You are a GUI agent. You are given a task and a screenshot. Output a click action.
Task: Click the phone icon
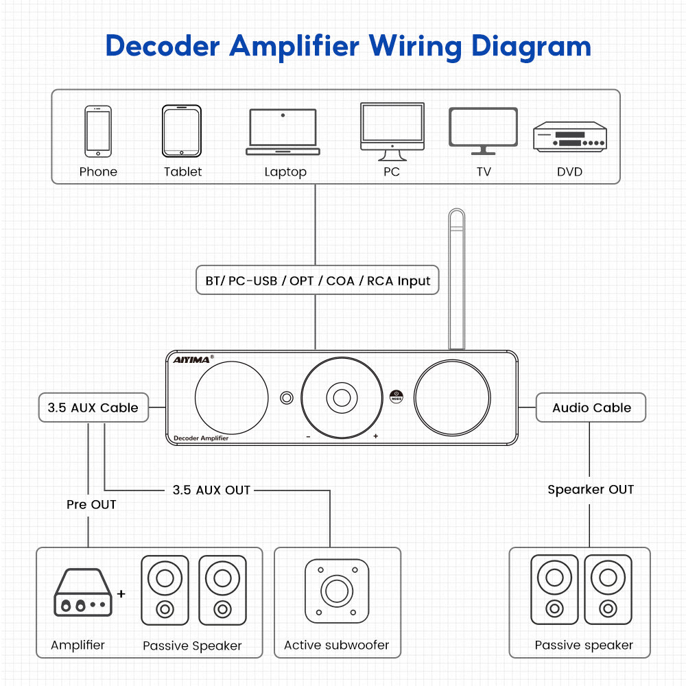[x=98, y=131]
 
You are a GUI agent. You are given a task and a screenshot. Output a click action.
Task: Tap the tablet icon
[x=182, y=130]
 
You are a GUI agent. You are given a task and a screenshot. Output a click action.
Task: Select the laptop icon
[x=283, y=132]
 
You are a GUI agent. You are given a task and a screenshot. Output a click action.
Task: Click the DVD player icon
[x=570, y=135]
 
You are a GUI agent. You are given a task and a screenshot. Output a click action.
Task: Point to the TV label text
[x=484, y=171]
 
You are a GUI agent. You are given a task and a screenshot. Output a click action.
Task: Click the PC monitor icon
[x=392, y=127]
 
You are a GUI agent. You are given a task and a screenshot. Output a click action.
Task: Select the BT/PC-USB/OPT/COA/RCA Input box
[x=317, y=280]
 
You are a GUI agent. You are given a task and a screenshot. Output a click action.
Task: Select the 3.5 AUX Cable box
[x=93, y=407]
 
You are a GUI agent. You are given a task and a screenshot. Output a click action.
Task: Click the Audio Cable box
[x=591, y=407]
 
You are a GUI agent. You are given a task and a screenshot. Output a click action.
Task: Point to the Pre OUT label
[x=91, y=504]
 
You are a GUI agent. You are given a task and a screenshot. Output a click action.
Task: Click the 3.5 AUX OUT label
[x=211, y=490]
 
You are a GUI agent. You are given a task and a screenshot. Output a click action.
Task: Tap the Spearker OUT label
[x=590, y=489]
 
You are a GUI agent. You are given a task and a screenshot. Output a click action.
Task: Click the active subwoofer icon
[x=336, y=591]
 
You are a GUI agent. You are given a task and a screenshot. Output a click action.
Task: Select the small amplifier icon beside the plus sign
[x=82, y=592]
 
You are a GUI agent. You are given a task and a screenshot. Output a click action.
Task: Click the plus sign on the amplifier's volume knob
[x=375, y=436]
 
